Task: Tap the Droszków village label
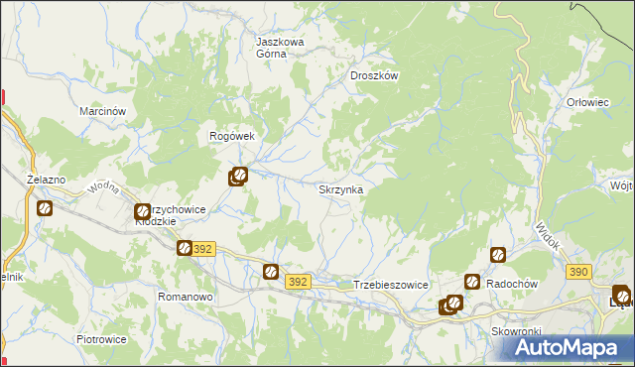coord(374,75)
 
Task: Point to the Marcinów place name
coord(101,112)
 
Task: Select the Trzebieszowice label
coord(390,285)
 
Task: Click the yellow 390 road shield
coord(579,271)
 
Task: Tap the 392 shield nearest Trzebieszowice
coord(299,283)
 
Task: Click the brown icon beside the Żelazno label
coord(45,208)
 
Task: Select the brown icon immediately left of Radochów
coord(472,283)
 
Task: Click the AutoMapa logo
coord(570,347)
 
